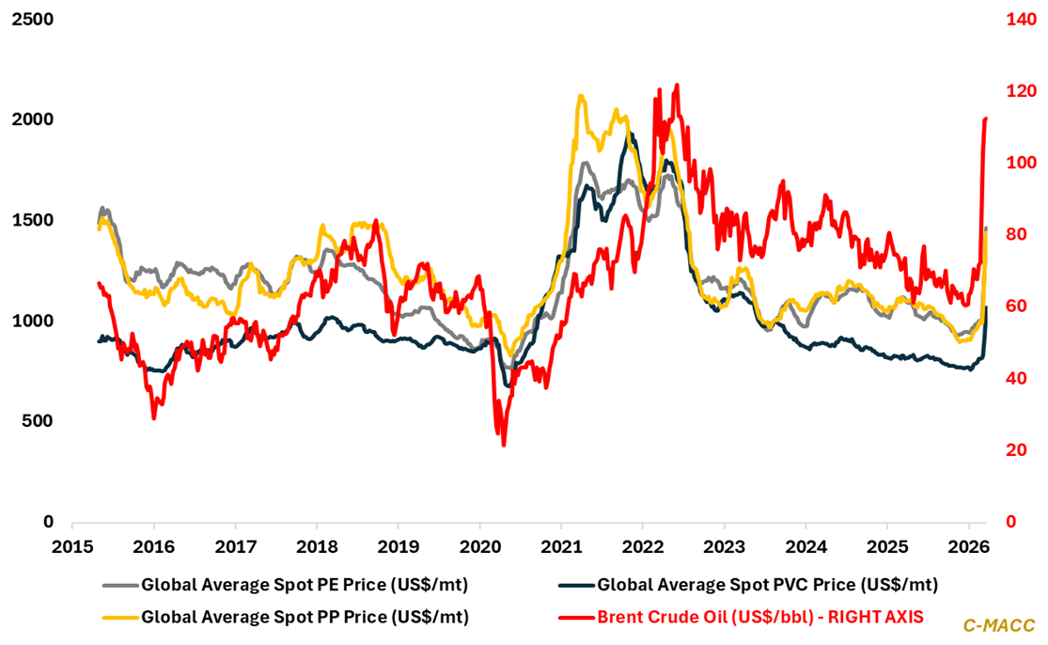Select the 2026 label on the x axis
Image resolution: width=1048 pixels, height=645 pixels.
coord(968,546)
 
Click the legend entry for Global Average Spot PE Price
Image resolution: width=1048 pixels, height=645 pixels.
coord(304,586)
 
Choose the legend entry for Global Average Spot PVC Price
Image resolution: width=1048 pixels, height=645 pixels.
coord(767,586)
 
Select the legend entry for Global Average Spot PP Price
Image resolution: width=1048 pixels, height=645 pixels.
coord(304,618)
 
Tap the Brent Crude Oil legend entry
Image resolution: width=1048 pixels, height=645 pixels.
coord(760,618)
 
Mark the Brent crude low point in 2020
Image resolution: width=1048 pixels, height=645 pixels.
coord(504,445)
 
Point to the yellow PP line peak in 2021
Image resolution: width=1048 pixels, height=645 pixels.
coord(581,96)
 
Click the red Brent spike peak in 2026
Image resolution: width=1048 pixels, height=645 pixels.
coord(985,118)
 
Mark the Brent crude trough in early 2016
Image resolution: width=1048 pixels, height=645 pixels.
coord(154,417)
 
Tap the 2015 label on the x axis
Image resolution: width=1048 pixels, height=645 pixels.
coord(72,546)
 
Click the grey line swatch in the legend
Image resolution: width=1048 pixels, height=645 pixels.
coord(118,586)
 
